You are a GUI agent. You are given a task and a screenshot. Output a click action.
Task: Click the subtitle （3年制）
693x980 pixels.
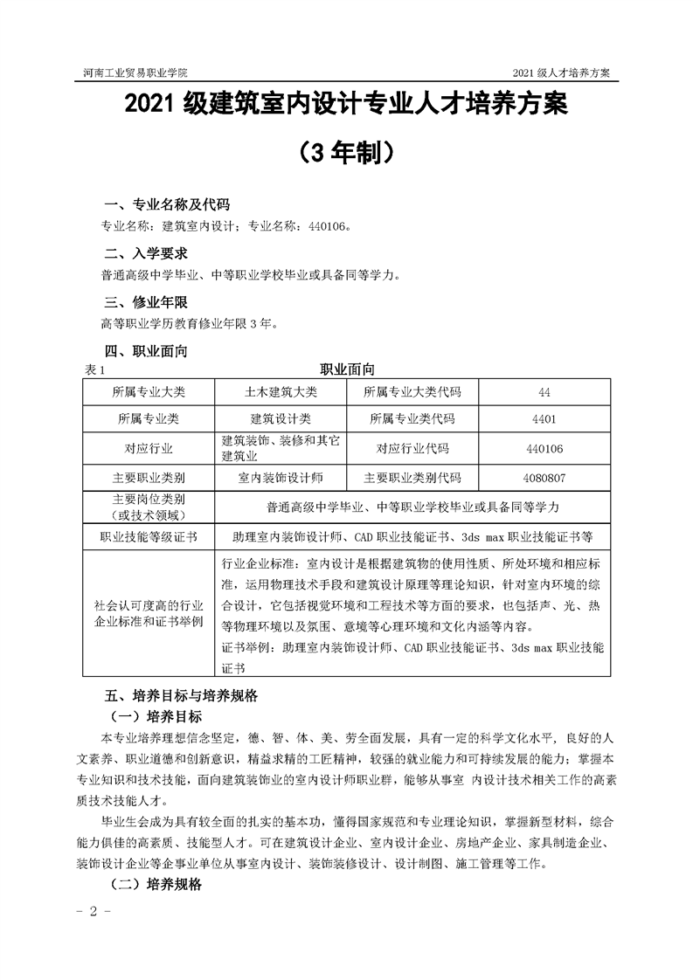346,152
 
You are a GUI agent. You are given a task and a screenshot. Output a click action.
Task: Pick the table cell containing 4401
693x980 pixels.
544,419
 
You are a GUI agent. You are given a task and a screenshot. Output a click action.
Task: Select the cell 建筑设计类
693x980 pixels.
281,419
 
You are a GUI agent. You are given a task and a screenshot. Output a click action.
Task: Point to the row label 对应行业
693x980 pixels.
149,448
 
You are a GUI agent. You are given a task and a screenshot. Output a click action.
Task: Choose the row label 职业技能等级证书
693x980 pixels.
149,535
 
